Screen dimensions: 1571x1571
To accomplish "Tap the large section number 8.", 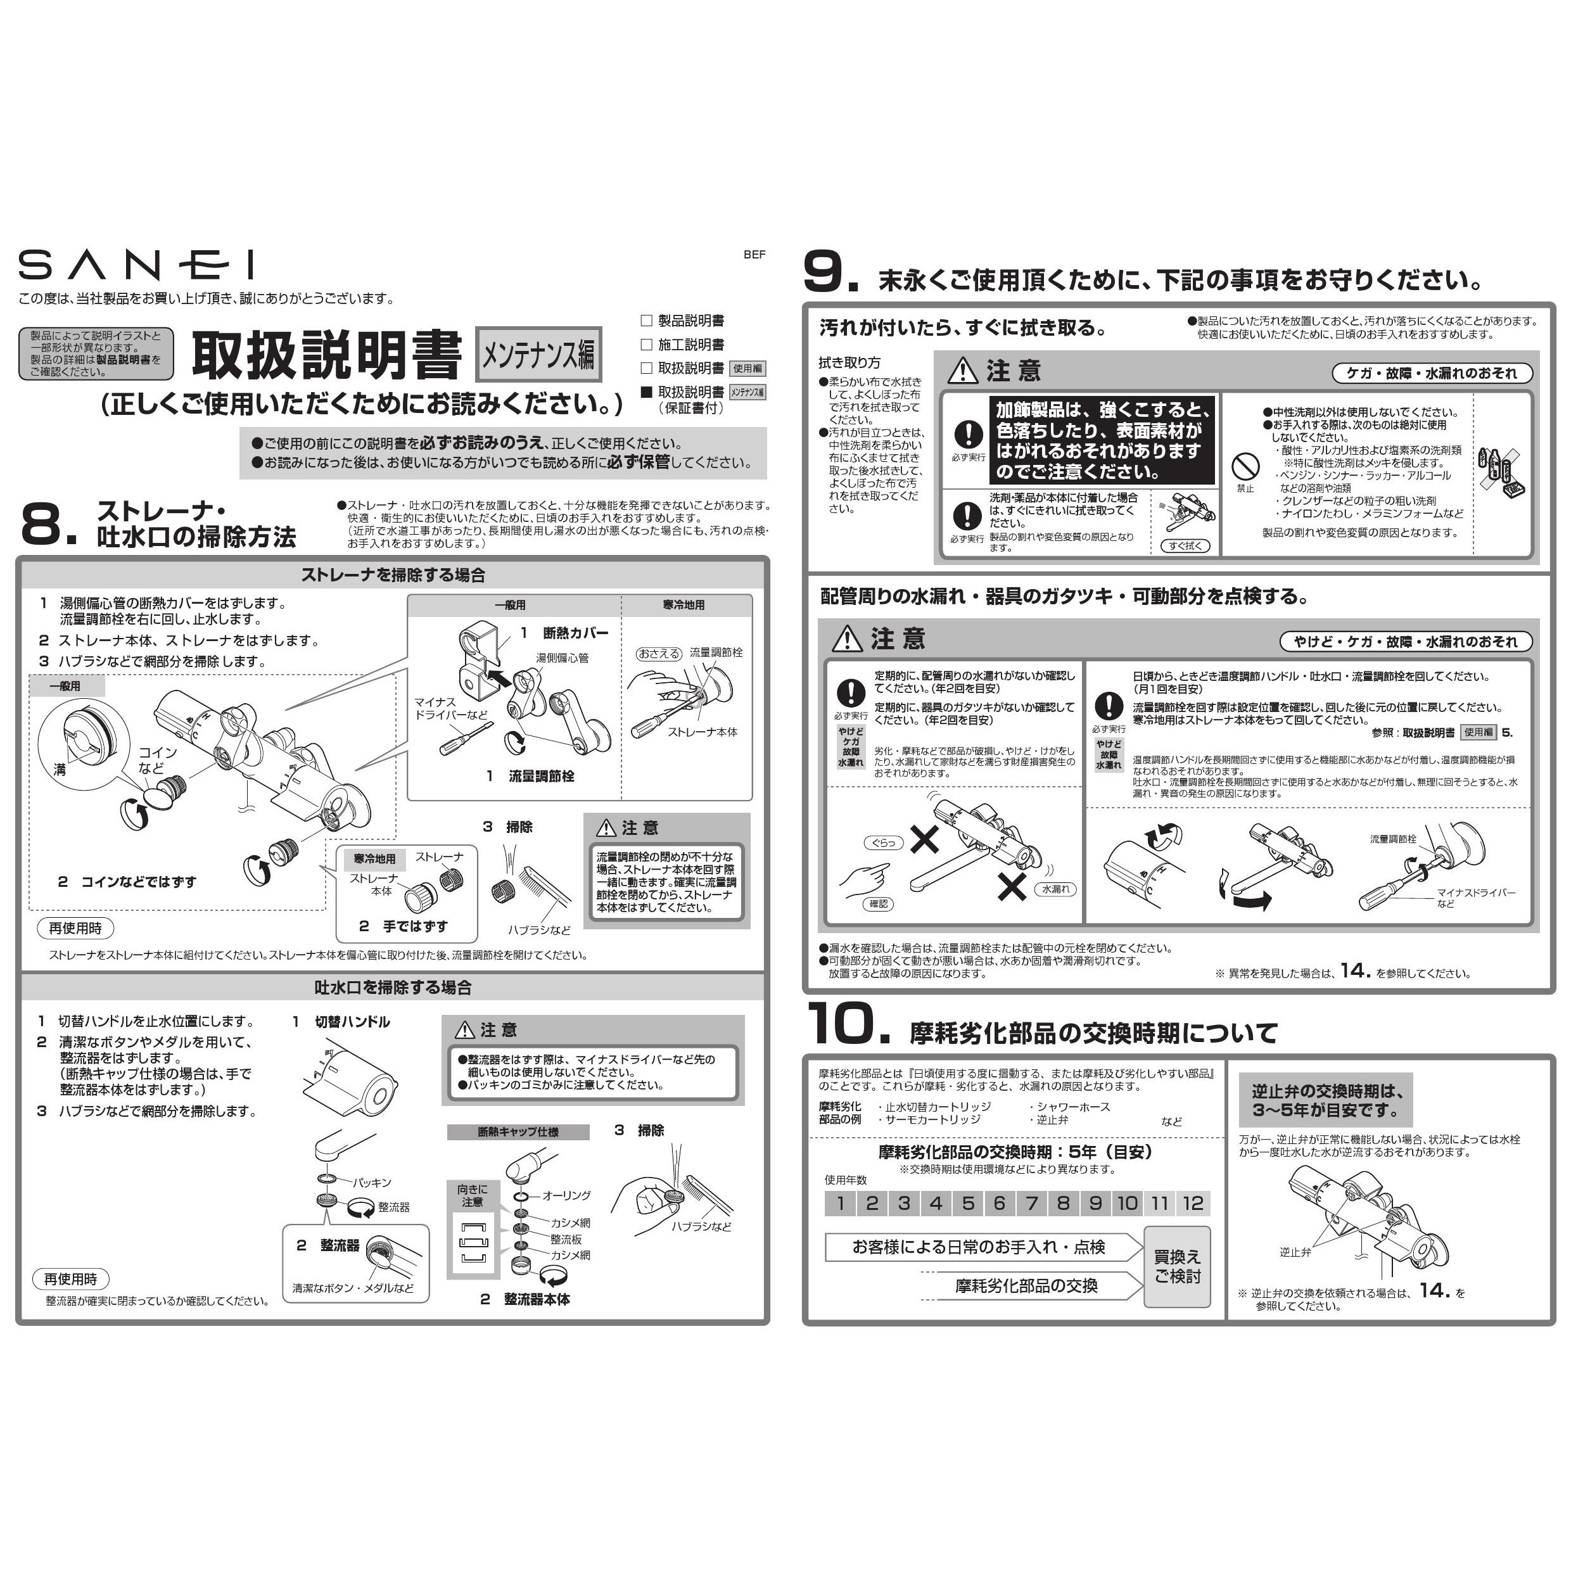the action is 46,525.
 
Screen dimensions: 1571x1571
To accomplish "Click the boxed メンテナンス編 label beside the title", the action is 538,355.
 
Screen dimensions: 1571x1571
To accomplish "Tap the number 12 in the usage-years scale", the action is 1193,1204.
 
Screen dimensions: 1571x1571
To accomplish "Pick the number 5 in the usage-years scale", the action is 968,1204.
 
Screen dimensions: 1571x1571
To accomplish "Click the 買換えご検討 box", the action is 1176,1267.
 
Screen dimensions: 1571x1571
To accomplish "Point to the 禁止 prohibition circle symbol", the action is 1245,467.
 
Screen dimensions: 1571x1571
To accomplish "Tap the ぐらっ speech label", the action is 884,843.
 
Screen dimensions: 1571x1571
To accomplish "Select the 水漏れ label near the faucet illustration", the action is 1055,889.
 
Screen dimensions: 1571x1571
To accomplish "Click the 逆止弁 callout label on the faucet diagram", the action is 1295,1252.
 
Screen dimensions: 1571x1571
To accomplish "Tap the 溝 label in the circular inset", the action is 60,768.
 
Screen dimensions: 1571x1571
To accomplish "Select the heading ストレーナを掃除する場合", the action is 393,575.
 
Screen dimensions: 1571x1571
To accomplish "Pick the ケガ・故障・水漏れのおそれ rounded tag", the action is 1432,373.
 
